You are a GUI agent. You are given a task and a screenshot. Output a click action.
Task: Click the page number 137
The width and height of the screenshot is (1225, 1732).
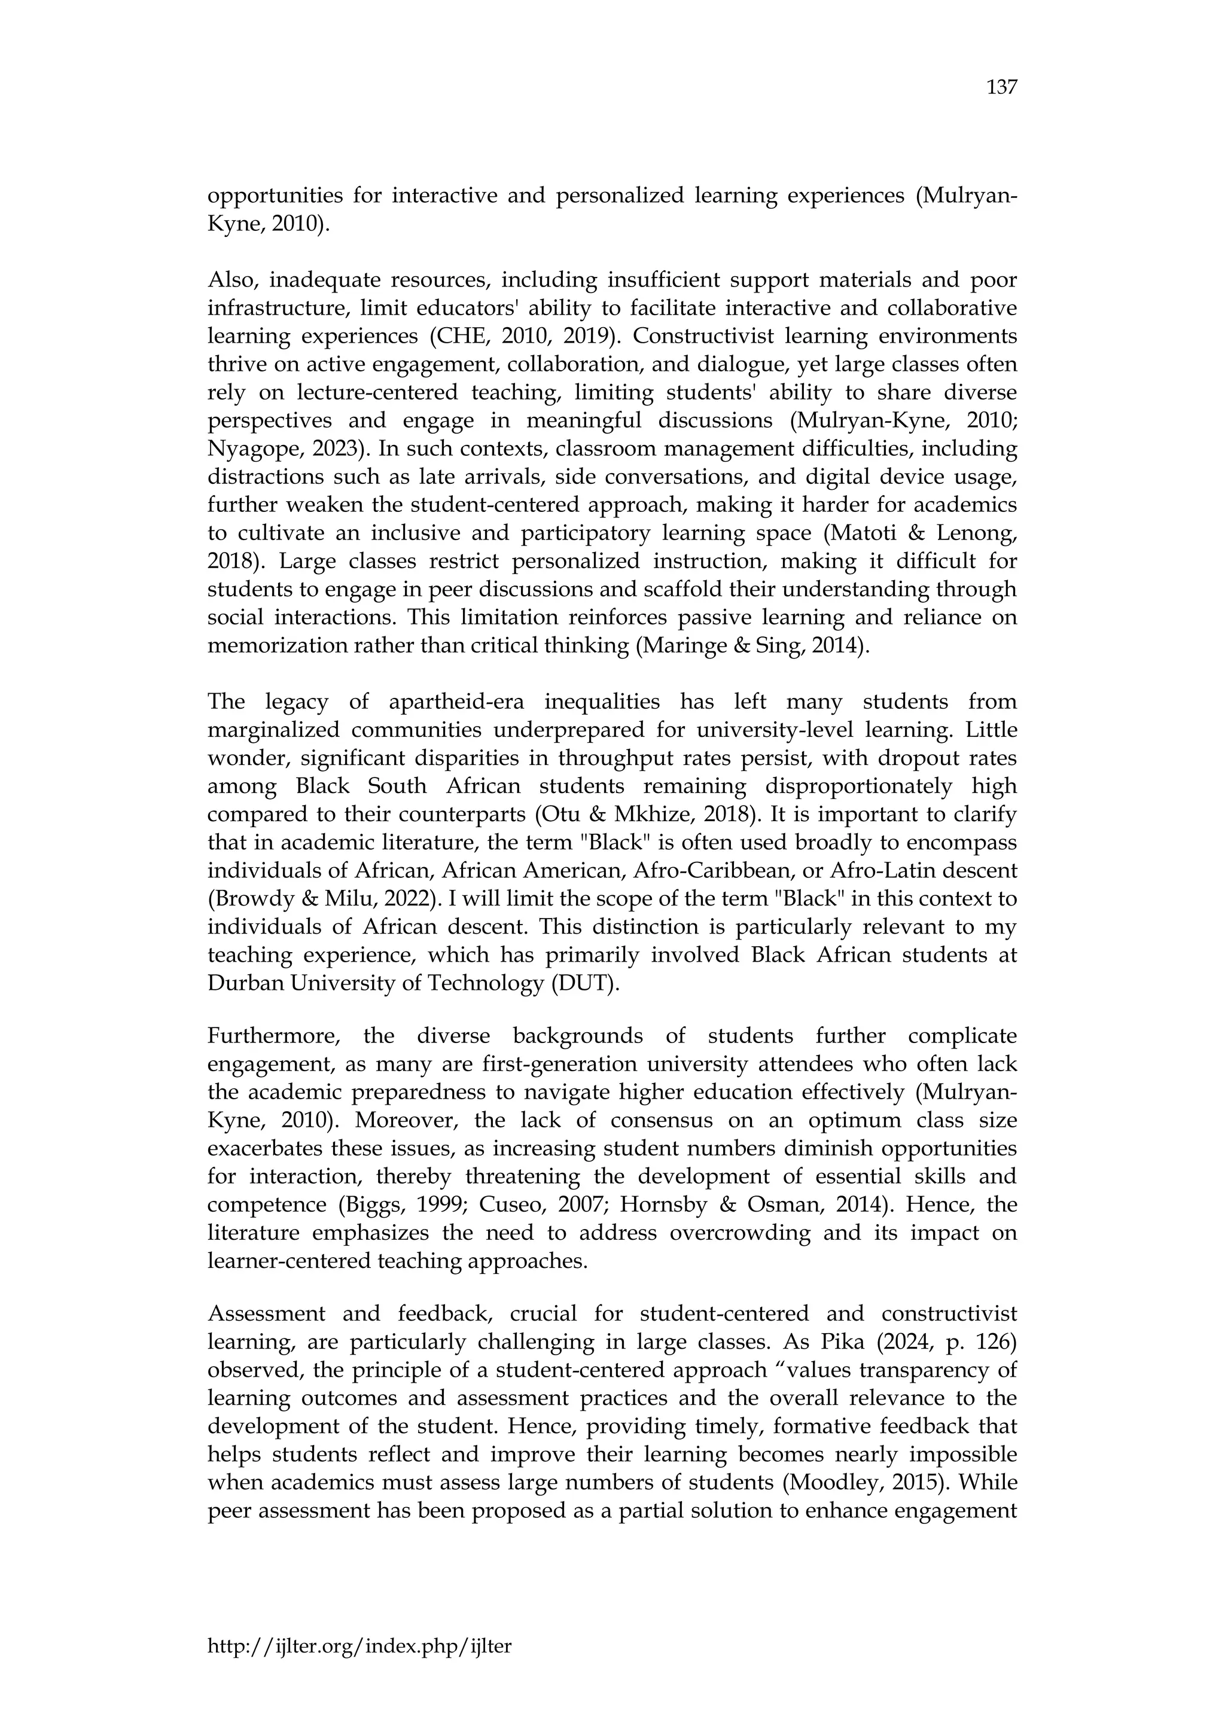[1002, 89]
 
